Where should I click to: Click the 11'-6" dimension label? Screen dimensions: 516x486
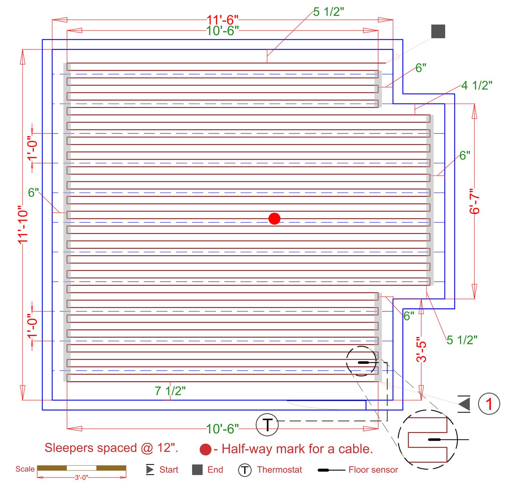click(222, 20)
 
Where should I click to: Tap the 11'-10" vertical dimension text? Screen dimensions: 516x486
click(23, 225)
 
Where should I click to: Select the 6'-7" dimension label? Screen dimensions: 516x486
click(474, 201)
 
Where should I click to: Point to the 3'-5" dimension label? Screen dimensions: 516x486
click(421, 350)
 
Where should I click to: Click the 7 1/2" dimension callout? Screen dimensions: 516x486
click(170, 391)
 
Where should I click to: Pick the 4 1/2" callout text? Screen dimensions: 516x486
click(477, 85)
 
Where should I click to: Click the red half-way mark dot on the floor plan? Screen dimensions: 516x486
click(274, 218)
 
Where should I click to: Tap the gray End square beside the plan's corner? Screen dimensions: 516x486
click(438, 31)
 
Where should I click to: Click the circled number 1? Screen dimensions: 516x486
click(489, 403)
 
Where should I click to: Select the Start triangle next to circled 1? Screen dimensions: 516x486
click(464, 404)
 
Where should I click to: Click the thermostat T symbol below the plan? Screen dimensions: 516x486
click(267, 425)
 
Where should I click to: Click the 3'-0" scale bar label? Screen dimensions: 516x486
click(81, 478)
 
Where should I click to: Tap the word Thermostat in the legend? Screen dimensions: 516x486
click(279, 470)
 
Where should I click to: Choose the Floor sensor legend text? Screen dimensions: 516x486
click(373, 470)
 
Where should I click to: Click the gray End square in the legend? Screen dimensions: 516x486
click(197, 470)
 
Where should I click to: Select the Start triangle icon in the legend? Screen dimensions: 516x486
click(150, 470)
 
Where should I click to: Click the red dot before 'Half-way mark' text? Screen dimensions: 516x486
click(206, 449)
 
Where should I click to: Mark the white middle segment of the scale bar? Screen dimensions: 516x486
click(81, 468)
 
